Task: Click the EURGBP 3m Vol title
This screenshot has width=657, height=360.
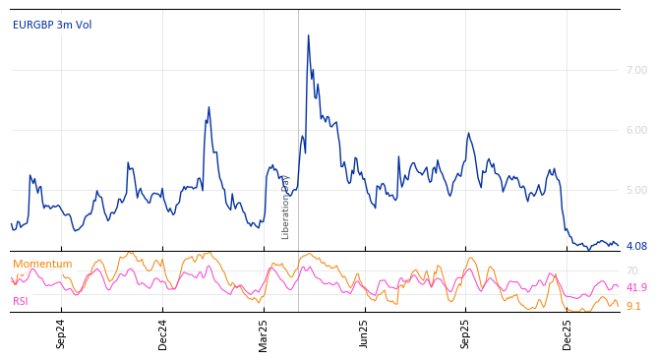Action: (x=52, y=26)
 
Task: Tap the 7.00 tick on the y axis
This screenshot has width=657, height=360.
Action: (x=636, y=71)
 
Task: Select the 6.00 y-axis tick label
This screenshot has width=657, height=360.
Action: (x=636, y=131)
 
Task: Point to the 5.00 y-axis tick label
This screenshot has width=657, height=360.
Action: (x=636, y=191)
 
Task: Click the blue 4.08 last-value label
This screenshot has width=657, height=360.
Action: (x=636, y=247)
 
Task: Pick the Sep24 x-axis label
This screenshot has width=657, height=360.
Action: (x=61, y=333)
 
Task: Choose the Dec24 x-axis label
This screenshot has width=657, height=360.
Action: (x=163, y=333)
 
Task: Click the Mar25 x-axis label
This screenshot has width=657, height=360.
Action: (x=264, y=333)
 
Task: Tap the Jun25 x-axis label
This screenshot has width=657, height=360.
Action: (x=365, y=333)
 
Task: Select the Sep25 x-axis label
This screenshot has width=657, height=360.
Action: (x=466, y=333)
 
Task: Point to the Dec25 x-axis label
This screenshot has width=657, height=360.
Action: (x=567, y=333)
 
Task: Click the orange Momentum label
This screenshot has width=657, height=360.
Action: (x=42, y=265)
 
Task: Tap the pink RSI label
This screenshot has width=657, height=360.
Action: (x=21, y=302)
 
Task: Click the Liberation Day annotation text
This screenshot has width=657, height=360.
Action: (x=286, y=207)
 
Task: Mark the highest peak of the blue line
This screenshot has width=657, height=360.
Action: (x=308, y=35)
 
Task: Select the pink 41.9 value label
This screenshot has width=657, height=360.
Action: (x=636, y=288)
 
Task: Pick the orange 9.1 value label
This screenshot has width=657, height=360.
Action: (x=633, y=307)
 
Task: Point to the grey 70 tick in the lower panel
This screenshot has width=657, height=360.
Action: (x=632, y=271)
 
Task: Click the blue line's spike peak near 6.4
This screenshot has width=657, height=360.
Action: (x=209, y=107)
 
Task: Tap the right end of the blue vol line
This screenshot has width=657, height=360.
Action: (x=619, y=245)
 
